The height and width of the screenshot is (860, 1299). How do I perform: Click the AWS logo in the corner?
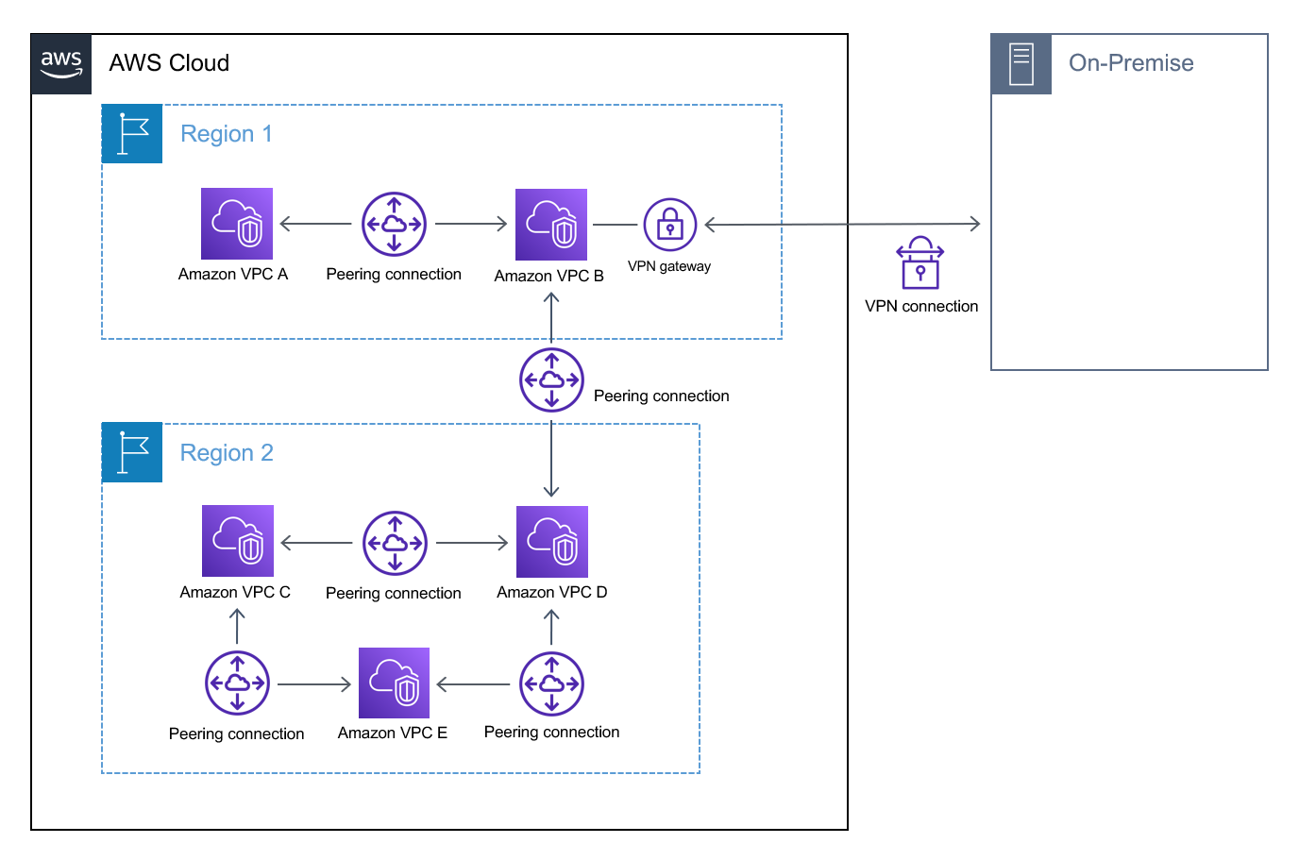pyautogui.click(x=61, y=64)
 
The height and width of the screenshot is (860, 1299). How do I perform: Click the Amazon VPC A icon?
pyautogui.click(x=237, y=224)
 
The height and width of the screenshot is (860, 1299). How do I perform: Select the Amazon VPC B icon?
pyautogui.click(x=551, y=225)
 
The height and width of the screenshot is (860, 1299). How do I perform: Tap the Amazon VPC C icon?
pyautogui.click(x=238, y=541)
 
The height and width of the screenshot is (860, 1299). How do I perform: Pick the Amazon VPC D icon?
pyautogui.click(x=552, y=542)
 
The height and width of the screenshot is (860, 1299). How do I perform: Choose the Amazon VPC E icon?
pyautogui.click(x=395, y=683)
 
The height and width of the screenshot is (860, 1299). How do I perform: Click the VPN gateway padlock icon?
pyautogui.click(x=669, y=225)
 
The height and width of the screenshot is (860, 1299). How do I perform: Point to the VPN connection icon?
pyautogui.click(x=920, y=262)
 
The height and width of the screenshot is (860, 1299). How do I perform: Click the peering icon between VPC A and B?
pyautogui.click(x=394, y=225)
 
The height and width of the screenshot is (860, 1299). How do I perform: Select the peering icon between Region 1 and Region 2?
pyautogui.click(x=551, y=379)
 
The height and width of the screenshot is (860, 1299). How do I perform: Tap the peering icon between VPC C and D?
pyautogui.click(x=395, y=543)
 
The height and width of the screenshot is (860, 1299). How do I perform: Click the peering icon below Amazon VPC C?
pyautogui.click(x=237, y=683)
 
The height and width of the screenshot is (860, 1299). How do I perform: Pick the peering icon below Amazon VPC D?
pyautogui.click(x=551, y=684)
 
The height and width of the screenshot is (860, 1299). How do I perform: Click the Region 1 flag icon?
pyautogui.click(x=132, y=134)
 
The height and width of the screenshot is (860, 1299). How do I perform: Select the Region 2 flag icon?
pyautogui.click(x=132, y=453)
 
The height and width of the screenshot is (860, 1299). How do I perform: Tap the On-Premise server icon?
pyautogui.click(x=1021, y=64)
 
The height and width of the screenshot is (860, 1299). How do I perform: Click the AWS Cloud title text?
pyautogui.click(x=169, y=63)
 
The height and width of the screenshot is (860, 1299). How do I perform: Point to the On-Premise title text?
pyautogui.click(x=1131, y=63)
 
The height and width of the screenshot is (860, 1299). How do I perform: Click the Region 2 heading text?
pyautogui.click(x=227, y=453)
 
